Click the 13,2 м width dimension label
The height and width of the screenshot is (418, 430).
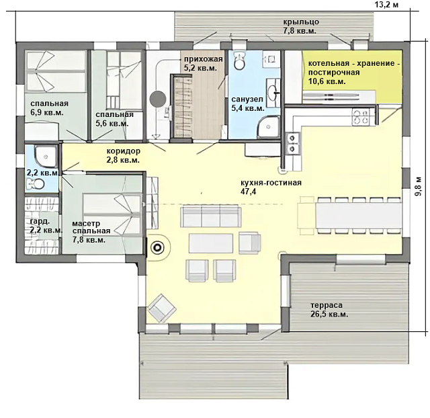point(386,5)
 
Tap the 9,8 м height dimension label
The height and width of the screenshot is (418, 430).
point(419,185)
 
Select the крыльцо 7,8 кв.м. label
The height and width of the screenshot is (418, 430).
point(300,26)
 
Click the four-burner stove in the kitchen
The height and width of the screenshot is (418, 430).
point(360,117)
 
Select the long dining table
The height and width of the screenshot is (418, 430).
point(358,216)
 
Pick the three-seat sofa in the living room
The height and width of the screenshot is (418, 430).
point(210,216)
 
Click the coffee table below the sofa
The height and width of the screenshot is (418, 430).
point(211,243)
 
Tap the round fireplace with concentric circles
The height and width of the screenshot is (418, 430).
point(158,248)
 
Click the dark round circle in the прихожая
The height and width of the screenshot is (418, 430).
point(158,99)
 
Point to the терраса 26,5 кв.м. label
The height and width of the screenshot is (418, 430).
point(329,310)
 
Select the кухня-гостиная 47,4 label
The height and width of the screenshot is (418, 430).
point(271,187)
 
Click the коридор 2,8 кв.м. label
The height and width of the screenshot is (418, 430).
point(123,155)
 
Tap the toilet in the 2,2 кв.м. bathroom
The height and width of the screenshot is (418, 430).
point(36,183)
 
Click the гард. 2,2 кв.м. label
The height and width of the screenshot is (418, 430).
point(45,226)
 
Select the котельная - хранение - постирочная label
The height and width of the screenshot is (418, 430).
point(354,73)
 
